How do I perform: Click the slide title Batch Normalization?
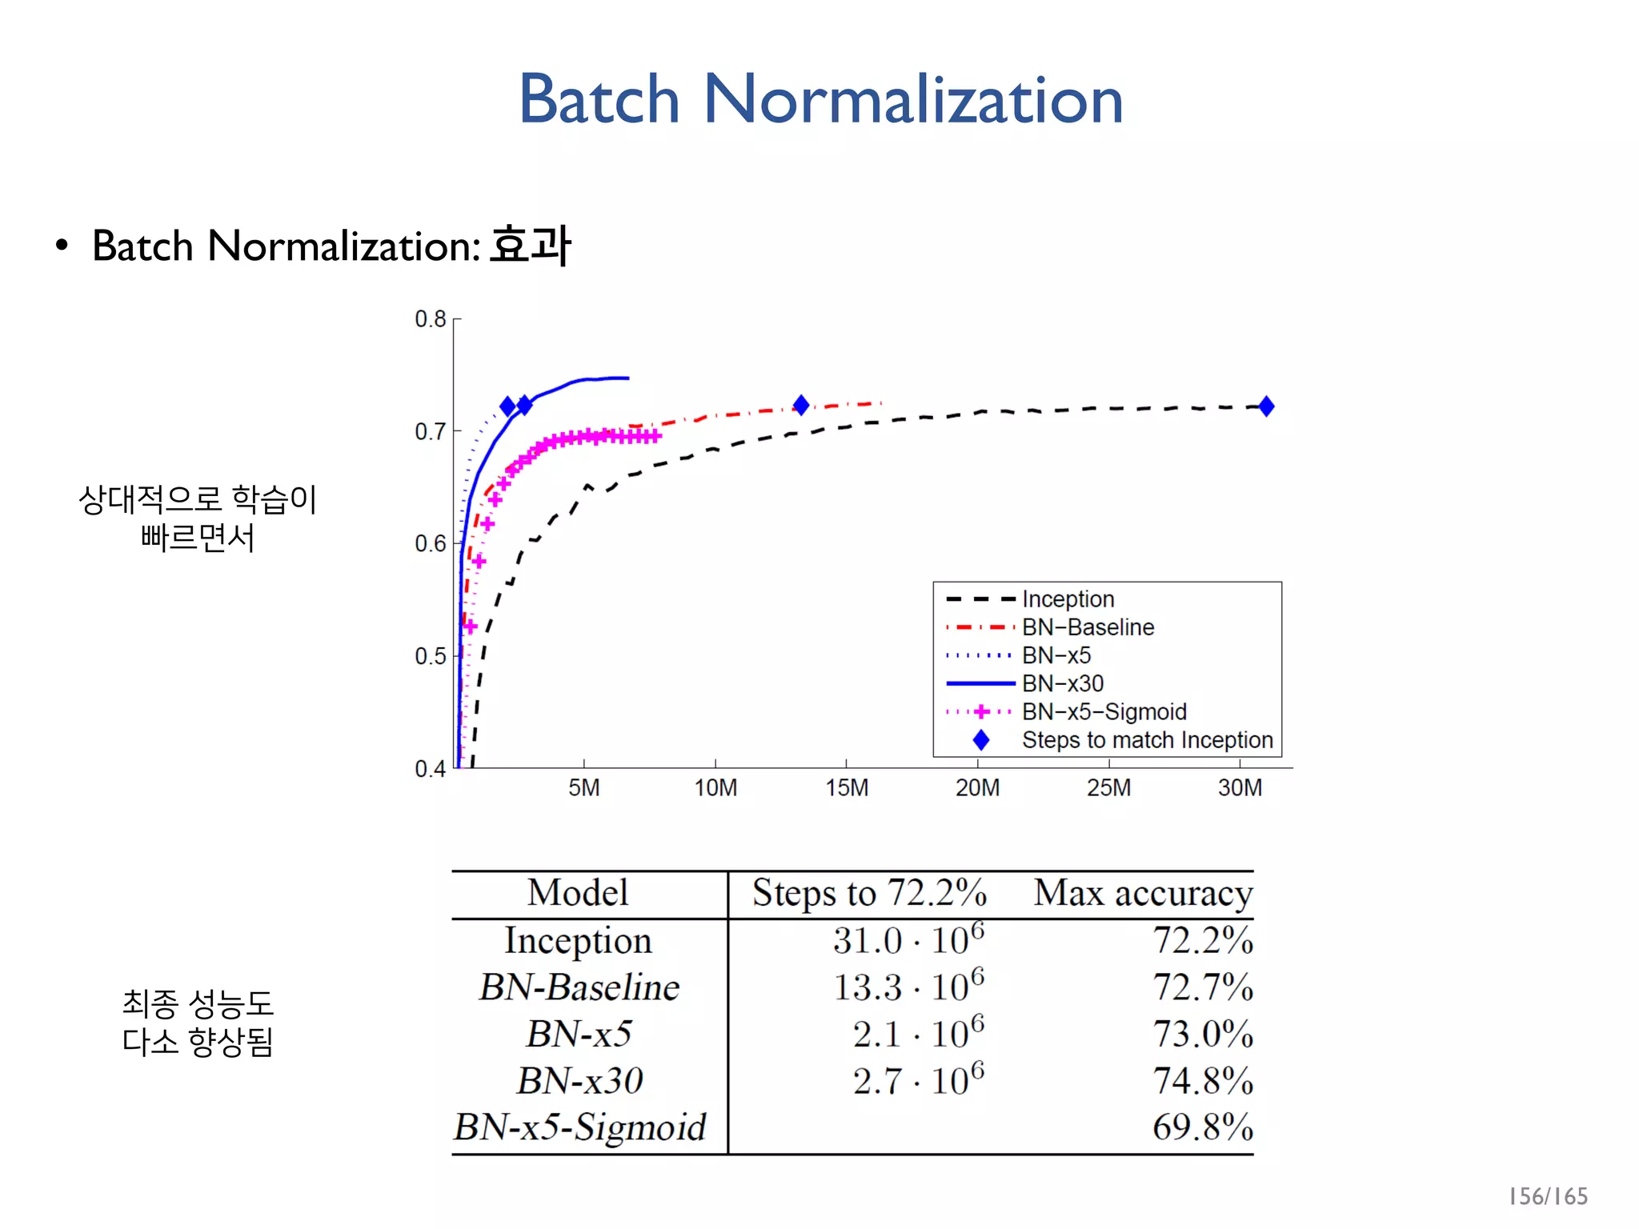coord(820,99)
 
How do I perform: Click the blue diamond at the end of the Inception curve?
coord(1265,406)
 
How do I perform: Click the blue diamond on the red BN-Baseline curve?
coord(800,406)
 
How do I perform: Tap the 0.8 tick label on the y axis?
coord(431,319)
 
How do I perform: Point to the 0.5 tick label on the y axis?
coord(431,657)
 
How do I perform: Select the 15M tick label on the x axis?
coord(847,788)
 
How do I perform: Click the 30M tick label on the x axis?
coord(1240,788)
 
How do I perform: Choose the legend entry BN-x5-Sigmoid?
coord(1104,711)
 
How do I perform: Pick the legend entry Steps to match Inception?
coord(1147,740)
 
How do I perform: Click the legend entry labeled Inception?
coord(1068,598)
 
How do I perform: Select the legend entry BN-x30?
coord(1062,683)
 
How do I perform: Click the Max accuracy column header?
coord(1142,894)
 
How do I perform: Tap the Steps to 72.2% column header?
coord(869,894)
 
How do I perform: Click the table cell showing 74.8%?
coord(1202,1081)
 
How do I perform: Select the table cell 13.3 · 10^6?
coord(908,987)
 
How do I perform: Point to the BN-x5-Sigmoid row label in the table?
coord(580,1127)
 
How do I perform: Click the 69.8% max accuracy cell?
coord(1202,1127)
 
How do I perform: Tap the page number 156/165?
coord(1547,1196)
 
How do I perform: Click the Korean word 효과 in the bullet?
coord(530,245)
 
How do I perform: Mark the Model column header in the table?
coord(578,893)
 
